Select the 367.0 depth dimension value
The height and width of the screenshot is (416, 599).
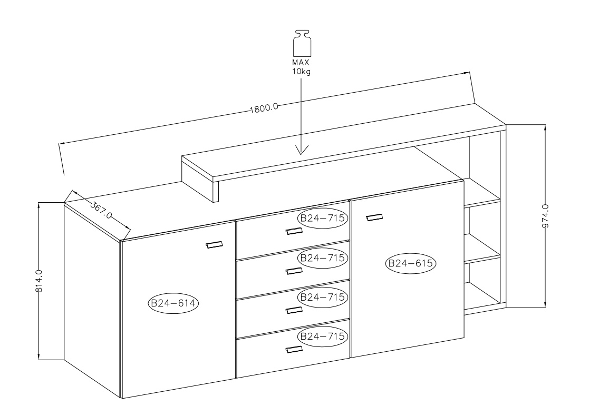101,210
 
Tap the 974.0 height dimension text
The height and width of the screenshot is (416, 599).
545,216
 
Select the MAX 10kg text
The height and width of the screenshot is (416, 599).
302,67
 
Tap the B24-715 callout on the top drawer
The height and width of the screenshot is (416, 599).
322,218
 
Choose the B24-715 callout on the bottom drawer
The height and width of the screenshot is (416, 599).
322,336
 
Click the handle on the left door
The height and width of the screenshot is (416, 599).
214,244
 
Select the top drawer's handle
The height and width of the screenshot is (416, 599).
294,231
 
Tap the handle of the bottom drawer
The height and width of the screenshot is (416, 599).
294,349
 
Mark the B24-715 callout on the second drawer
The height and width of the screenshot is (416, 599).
322,257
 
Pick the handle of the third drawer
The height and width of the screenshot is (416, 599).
294,310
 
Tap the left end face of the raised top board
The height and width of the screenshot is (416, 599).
200,180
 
